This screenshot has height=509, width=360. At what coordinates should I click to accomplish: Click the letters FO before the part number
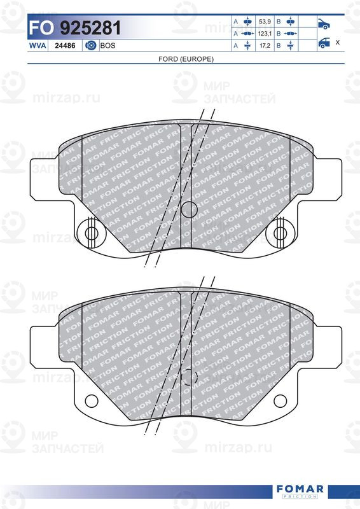click(x=43, y=29)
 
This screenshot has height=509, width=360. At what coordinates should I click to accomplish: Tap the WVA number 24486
click(x=66, y=46)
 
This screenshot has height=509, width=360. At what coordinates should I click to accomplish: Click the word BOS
click(x=107, y=46)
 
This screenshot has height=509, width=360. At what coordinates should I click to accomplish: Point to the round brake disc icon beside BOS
click(x=90, y=46)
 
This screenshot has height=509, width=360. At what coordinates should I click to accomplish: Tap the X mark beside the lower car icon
click(x=337, y=43)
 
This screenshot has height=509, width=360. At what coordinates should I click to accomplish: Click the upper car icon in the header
click(x=323, y=25)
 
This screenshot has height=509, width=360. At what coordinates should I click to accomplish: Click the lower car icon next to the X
click(x=323, y=43)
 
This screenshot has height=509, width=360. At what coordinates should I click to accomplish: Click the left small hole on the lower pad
click(x=91, y=400)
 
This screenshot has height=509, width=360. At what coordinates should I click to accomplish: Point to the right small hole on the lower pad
click(x=280, y=400)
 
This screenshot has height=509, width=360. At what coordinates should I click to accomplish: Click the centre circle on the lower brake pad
click(x=189, y=378)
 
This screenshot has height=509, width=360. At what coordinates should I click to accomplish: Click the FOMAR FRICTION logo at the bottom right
click(x=300, y=491)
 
